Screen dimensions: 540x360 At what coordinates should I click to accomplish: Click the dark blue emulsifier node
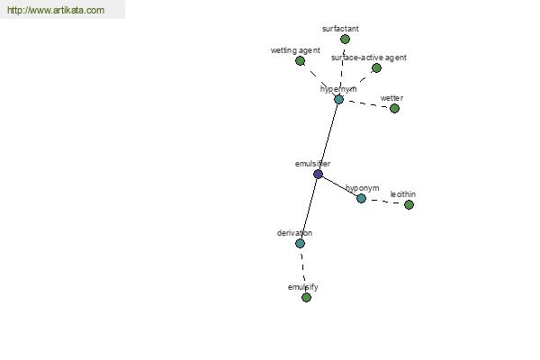319,174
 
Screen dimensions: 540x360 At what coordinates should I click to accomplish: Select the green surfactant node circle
345,40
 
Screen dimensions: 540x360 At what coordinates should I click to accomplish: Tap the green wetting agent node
300,61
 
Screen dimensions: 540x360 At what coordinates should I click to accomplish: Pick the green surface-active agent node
377,67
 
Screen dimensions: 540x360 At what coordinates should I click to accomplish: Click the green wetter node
395,109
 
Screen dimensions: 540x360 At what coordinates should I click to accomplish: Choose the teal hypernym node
339,100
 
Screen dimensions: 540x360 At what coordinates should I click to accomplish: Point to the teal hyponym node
361,198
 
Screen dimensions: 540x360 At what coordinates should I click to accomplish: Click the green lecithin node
409,205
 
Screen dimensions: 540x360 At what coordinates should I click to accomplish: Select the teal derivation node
300,244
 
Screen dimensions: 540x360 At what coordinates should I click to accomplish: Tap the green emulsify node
307,297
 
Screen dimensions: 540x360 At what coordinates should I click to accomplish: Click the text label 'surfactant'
340,29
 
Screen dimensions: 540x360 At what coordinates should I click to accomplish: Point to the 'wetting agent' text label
295,50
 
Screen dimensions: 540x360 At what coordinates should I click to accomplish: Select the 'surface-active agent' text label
368,58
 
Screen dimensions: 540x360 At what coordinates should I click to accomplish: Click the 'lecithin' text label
403,194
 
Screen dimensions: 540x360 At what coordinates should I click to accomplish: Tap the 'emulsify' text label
302,287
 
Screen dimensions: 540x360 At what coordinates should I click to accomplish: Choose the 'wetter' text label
391,98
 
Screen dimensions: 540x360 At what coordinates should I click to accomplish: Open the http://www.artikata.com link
56,10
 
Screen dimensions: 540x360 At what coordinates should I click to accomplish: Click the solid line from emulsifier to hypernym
328,137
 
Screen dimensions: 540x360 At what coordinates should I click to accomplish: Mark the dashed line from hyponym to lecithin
385,202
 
